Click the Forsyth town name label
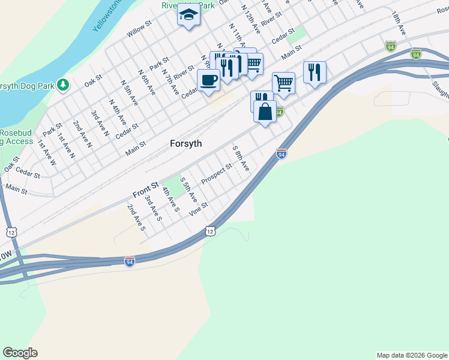click(185, 144)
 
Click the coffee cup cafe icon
click(208, 80)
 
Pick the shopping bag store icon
click(265, 111)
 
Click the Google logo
click(20, 353)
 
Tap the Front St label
click(145, 191)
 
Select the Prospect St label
click(217, 175)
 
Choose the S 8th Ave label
click(240, 158)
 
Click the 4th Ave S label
click(170, 200)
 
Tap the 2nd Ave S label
click(136, 217)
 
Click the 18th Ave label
click(399, 23)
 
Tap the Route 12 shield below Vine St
click(209, 231)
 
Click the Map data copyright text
click(412, 355)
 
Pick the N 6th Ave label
click(146, 82)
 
